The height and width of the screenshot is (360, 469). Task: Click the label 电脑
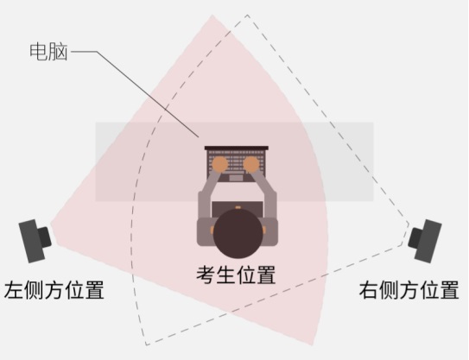tap(48, 52)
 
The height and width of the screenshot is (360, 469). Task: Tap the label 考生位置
tap(236, 275)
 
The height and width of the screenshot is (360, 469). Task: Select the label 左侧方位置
tap(54, 289)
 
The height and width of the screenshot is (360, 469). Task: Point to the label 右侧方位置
tap(409, 289)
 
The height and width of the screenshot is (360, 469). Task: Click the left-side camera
tap(35, 241)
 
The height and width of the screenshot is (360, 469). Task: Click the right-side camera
tap(425, 241)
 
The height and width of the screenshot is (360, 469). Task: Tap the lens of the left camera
tap(45, 237)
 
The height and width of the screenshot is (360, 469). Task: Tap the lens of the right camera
tap(415, 237)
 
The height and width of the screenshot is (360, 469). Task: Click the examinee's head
tap(238, 233)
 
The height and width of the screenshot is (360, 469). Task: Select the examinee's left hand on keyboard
tap(220, 164)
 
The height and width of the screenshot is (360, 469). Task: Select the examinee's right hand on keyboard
tap(251, 164)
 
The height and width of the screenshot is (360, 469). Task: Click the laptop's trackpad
tap(236, 178)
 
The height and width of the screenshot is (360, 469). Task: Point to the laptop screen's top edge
tap(237, 148)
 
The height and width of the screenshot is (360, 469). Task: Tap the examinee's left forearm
tap(208, 194)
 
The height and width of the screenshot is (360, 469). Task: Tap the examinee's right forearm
tap(266, 194)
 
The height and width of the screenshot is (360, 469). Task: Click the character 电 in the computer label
tap(39, 52)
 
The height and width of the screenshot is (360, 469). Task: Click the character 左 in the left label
tap(13, 289)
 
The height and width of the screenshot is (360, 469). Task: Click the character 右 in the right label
tap(369, 289)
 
